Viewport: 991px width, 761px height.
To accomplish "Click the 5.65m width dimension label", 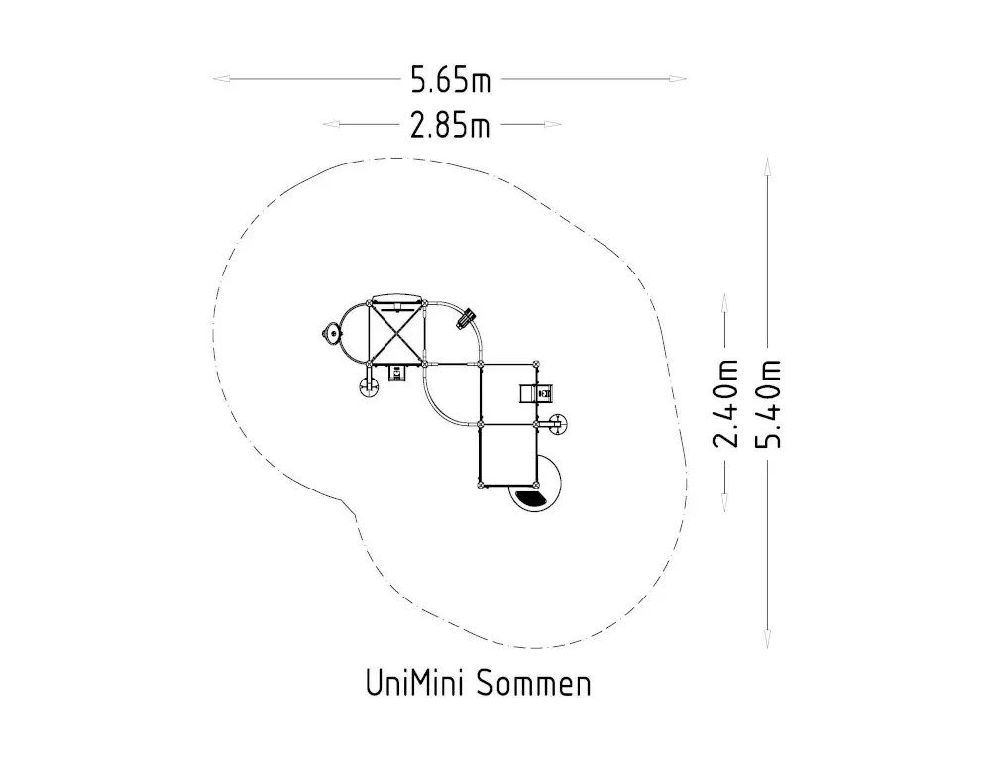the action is pyautogui.click(x=450, y=80).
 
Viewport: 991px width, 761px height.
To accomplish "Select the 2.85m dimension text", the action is pyautogui.click(x=450, y=125).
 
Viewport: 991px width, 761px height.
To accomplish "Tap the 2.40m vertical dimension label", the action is pyautogui.click(x=725, y=403).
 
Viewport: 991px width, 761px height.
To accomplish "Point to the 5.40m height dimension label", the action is pyautogui.click(x=769, y=403).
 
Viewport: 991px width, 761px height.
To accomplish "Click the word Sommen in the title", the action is pyautogui.click(x=534, y=684).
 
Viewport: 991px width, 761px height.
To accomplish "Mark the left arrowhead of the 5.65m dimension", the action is pyautogui.click(x=221, y=79).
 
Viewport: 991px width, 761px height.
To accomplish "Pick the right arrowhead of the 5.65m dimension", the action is pyautogui.click(x=678, y=79).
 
